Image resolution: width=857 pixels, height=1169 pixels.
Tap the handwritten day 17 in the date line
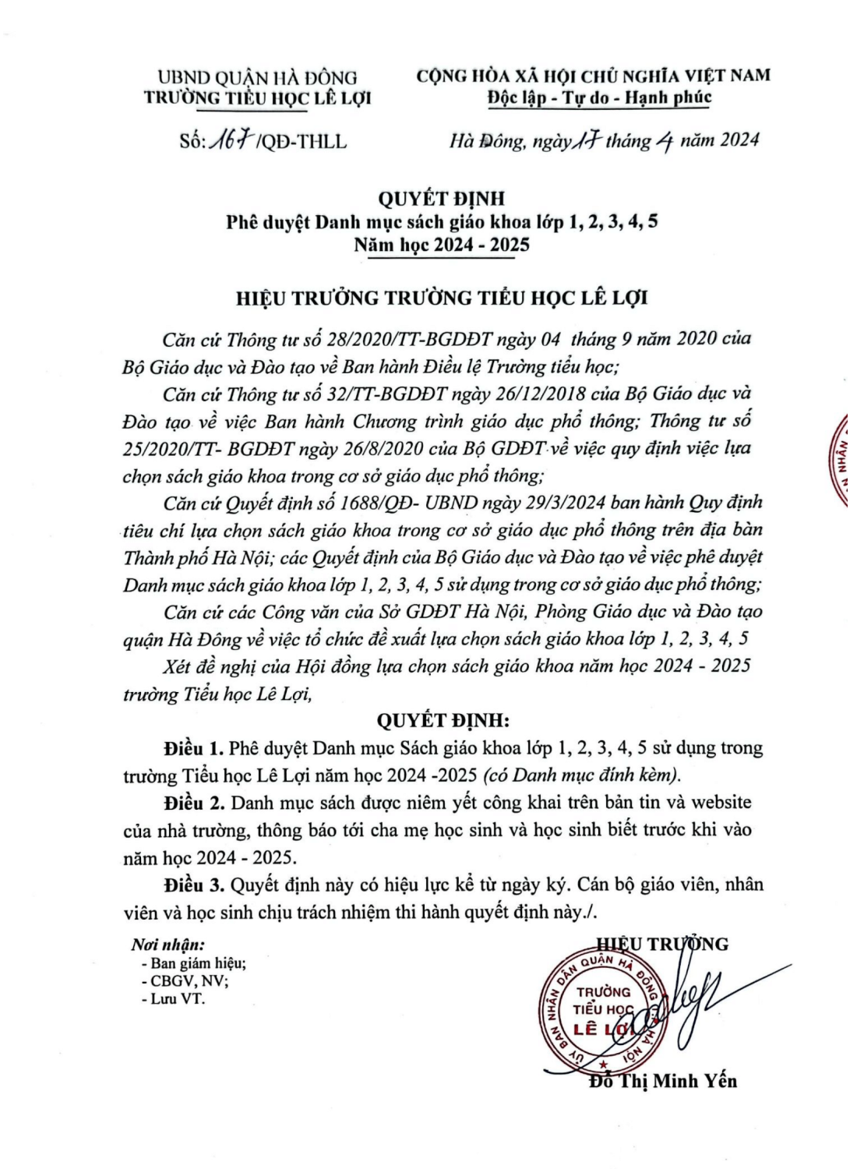(584, 140)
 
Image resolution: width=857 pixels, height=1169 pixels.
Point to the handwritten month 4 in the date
(664, 142)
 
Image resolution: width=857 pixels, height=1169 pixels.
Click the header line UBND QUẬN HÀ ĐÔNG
(257, 77)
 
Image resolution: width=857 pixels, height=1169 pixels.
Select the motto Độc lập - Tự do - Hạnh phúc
(599, 97)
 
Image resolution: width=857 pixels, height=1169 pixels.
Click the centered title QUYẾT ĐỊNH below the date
(441, 199)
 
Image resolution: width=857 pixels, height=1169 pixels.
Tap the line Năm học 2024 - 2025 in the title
(442, 245)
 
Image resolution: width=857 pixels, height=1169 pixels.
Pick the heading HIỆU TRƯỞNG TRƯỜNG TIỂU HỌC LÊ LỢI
(442, 298)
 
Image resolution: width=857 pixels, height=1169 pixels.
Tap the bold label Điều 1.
(193, 749)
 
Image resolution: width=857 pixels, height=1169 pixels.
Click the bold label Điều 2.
(195, 803)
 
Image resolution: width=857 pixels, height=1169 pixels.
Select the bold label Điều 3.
(195, 885)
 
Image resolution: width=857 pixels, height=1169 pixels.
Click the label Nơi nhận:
(168, 945)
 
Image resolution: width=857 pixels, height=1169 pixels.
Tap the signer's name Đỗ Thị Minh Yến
(663, 1082)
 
